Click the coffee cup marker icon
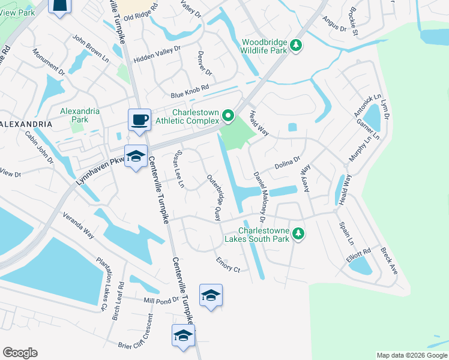point(139,119)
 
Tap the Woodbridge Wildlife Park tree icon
point(295,46)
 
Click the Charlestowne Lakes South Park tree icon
point(297,234)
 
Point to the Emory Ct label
point(228,265)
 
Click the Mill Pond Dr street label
point(161,300)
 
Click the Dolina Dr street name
point(287,163)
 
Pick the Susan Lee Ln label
point(179,169)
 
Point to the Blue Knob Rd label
point(189,91)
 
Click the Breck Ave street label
point(389,262)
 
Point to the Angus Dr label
point(334,24)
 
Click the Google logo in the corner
point(20,353)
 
